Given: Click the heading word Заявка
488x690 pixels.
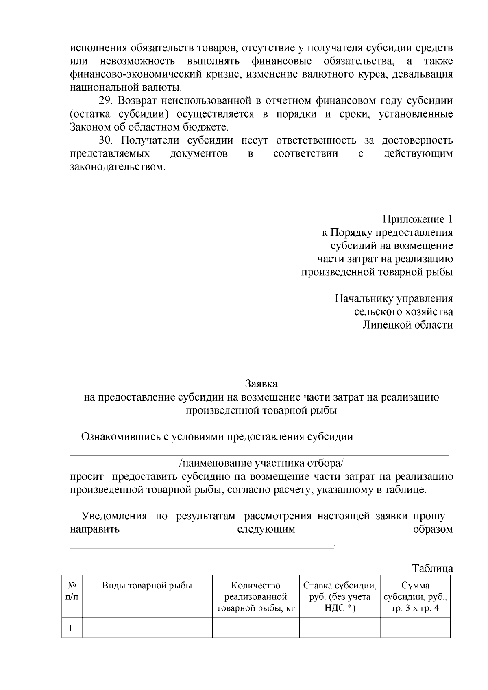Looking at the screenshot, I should pyautogui.click(x=261, y=383).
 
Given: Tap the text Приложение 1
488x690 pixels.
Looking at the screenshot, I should pyautogui.click(x=417, y=220).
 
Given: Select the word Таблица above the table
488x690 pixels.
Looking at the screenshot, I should pyautogui.click(x=432, y=568).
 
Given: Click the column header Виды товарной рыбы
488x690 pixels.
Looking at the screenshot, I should pyautogui.click(x=147, y=586).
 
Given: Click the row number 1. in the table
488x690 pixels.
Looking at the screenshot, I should pyautogui.click(x=72, y=628).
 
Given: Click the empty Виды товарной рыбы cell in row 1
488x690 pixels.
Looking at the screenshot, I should pyautogui.click(x=147, y=628).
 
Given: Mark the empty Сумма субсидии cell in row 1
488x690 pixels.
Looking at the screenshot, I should pyautogui.click(x=415, y=628).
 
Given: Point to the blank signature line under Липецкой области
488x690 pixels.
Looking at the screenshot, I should pyautogui.click(x=384, y=344).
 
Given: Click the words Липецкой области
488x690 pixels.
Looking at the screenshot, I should pyautogui.click(x=407, y=325).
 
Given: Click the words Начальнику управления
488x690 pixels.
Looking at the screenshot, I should pyautogui.click(x=394, y=299).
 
